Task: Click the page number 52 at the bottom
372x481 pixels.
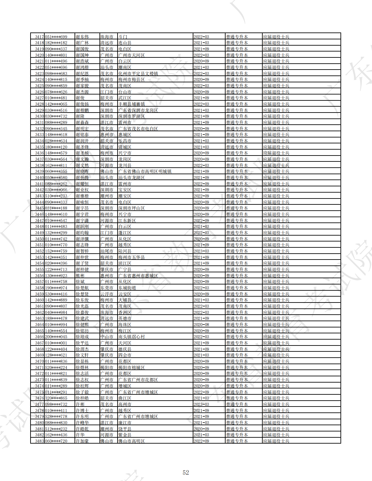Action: (186, 472)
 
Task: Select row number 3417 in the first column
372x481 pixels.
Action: (39, 37)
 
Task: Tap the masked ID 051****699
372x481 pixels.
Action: (56, 37)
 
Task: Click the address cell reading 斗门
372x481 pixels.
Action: (123, 37)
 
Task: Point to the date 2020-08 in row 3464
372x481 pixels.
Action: (201, 324)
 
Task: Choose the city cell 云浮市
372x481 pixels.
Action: (107, 294)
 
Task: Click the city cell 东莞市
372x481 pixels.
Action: (107, 288)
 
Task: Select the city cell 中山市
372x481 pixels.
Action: (107, 337)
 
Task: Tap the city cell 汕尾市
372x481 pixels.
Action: (107, 251)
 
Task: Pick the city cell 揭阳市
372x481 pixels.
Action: (107, 367)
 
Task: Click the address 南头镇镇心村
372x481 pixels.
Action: (131, 337)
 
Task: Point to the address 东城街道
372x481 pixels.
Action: (127, 288)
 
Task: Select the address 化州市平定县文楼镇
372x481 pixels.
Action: (138, 73)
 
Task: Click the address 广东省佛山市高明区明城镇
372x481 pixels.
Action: (145, 171)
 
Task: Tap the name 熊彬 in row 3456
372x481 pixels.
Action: (80, 276)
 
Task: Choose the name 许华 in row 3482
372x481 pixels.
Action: (80, 435)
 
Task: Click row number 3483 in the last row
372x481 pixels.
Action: (39, 441)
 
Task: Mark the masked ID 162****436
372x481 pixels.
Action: (56, 435)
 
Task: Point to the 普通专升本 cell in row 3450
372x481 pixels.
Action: (237, 239)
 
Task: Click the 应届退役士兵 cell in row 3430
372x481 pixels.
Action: (276, 116)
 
